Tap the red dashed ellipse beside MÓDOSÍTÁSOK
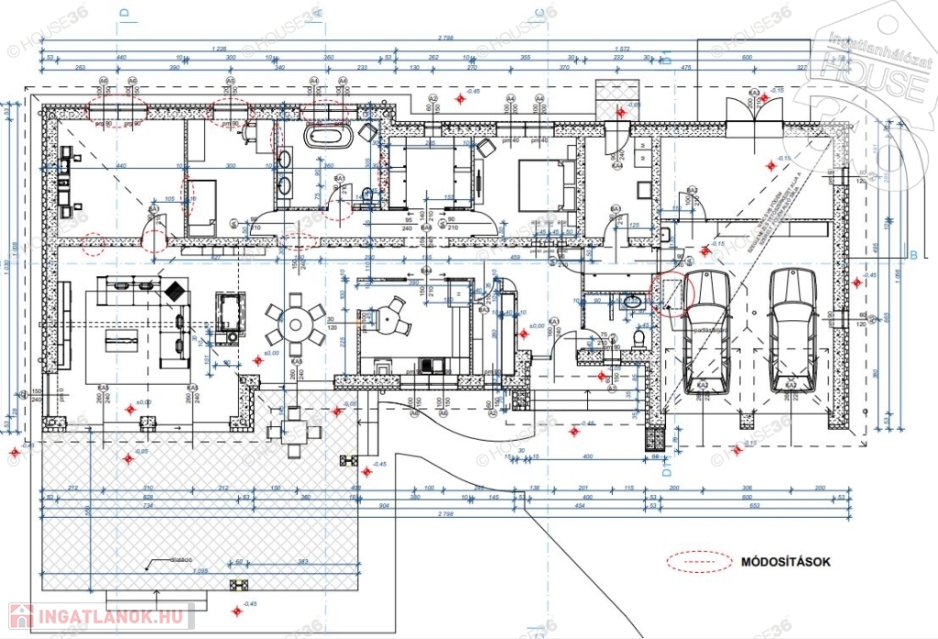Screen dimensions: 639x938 [x=701, y=561]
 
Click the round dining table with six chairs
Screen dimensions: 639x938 [x=295, y=322]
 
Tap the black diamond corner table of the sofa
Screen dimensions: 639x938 [x=172, y=290]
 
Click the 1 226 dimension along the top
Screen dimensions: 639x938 [x=220, y=48]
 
